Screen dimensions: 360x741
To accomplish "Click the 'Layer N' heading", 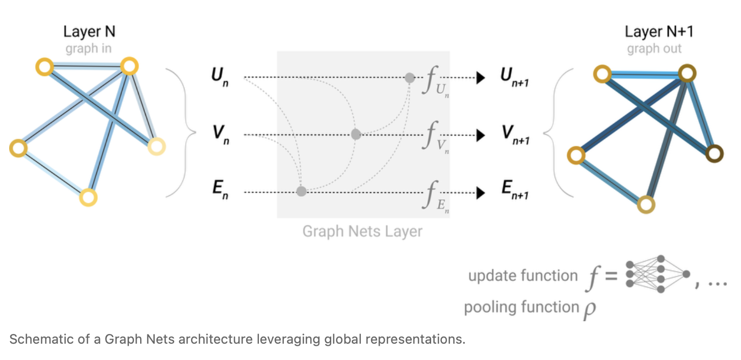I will coord(89,32).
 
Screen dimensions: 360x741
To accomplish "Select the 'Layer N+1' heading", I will coord(658,32).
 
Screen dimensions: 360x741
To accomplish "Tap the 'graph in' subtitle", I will coord(89,49).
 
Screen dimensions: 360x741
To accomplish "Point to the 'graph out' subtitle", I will coord(654,49).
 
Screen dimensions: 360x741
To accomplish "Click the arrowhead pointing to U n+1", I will coord(480,79).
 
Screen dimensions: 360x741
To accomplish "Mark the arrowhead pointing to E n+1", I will coord(480,193).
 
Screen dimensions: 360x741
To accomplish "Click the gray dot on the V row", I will coord(356,135).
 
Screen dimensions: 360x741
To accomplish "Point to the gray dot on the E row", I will coord(301,192).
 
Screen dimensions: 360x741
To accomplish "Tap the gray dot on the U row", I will coord(410,78).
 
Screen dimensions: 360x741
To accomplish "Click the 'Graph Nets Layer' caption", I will coord(362,232).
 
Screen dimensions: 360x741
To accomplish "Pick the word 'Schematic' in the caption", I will coord(35,340).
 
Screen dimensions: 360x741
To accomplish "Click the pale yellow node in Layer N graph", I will coord(156,147).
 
